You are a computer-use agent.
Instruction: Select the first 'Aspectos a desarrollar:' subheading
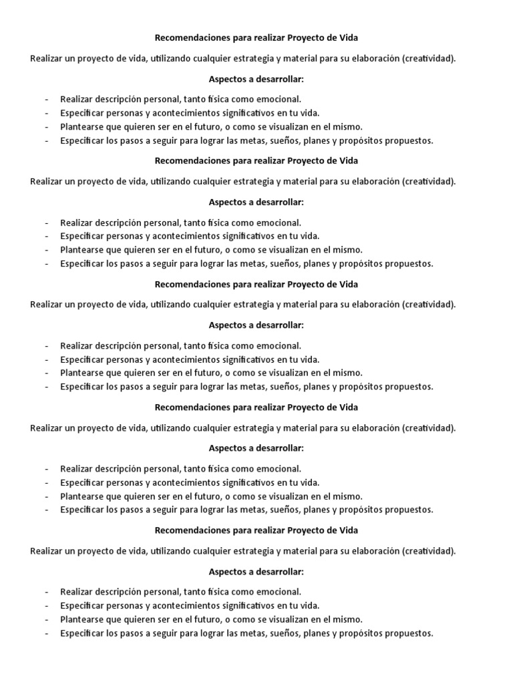click(256, 79)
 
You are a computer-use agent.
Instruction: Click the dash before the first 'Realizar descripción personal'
click(47, 100)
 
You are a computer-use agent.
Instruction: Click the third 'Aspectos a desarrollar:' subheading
click(256, 325)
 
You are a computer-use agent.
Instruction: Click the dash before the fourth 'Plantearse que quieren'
click(47, 496)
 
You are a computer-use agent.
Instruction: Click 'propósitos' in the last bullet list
click(362, 633)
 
